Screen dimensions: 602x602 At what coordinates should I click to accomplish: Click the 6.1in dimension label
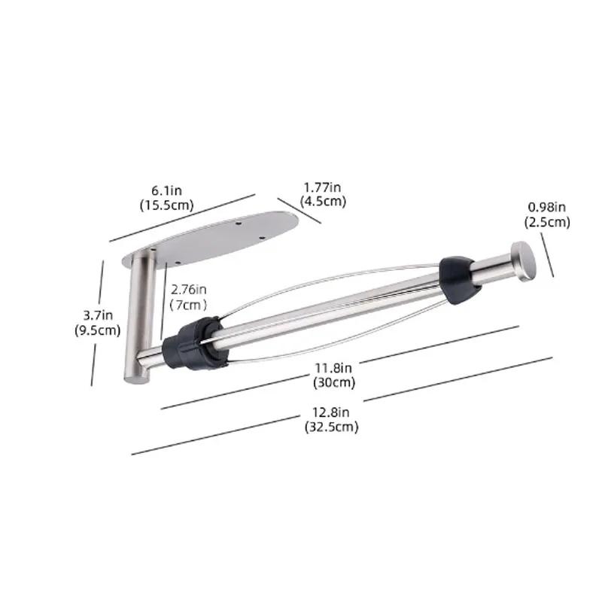(x=166, y=190)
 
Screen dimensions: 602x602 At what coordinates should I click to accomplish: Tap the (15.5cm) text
(x=166, y=205)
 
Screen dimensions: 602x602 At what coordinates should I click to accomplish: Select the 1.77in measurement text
(x=323, y=187)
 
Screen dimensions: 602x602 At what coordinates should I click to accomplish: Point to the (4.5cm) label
(x=323, y=201)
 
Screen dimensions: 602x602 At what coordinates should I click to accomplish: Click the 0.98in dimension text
(x=547, y=208)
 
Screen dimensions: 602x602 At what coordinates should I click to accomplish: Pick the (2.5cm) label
(x=547, y=222)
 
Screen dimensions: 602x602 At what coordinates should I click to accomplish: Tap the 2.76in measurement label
(x=189, y=289)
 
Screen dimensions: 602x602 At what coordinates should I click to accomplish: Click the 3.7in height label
(x=98, y=315)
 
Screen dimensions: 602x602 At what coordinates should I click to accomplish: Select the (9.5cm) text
(x=98, y=330)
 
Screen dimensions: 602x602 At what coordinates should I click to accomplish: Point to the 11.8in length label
(x=333, y=368)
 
